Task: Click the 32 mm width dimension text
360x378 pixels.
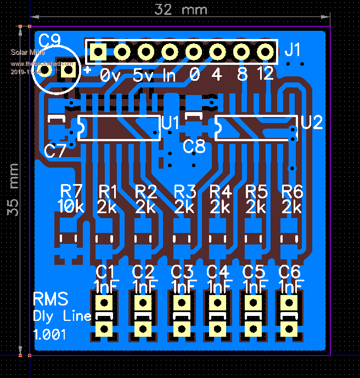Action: pyautogui.click(x=181, y=10)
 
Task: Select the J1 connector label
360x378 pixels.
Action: pyautogui.click(x=293, y=51)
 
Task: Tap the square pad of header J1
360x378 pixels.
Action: pyautogui.click(x=98, y=52)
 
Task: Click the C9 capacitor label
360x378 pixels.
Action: pyautogui.click(x=50, y=40)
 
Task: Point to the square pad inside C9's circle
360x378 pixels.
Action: pyautogui.click(x=68, y=70)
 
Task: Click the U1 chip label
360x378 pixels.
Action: pyautogui.click(x=171, y=124)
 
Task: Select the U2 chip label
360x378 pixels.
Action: pyautogui.click(x=312, y=123)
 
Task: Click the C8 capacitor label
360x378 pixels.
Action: pyautogui.click(x=194, y=147)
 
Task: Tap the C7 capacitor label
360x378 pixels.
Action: pyautogui.click(x=55, y=151)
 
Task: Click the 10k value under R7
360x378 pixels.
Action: pyautogui.click(x=71, y=207)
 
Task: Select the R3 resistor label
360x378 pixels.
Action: pyautogui.click(x=185, y=192)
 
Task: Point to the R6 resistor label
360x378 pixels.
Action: pyautogui.click(x=292, y=191)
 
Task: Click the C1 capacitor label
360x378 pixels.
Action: pyautogui.click(x=105, y=271)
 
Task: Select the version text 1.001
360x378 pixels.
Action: pyautogui.click(x=50, y=334)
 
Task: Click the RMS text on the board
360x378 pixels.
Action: pyautogui.click(x=50, y=299)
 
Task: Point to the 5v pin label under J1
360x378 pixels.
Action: pyautogui.click(x=143, y=76)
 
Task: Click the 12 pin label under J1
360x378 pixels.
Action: pyautogui.click(x=265, y=74)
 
